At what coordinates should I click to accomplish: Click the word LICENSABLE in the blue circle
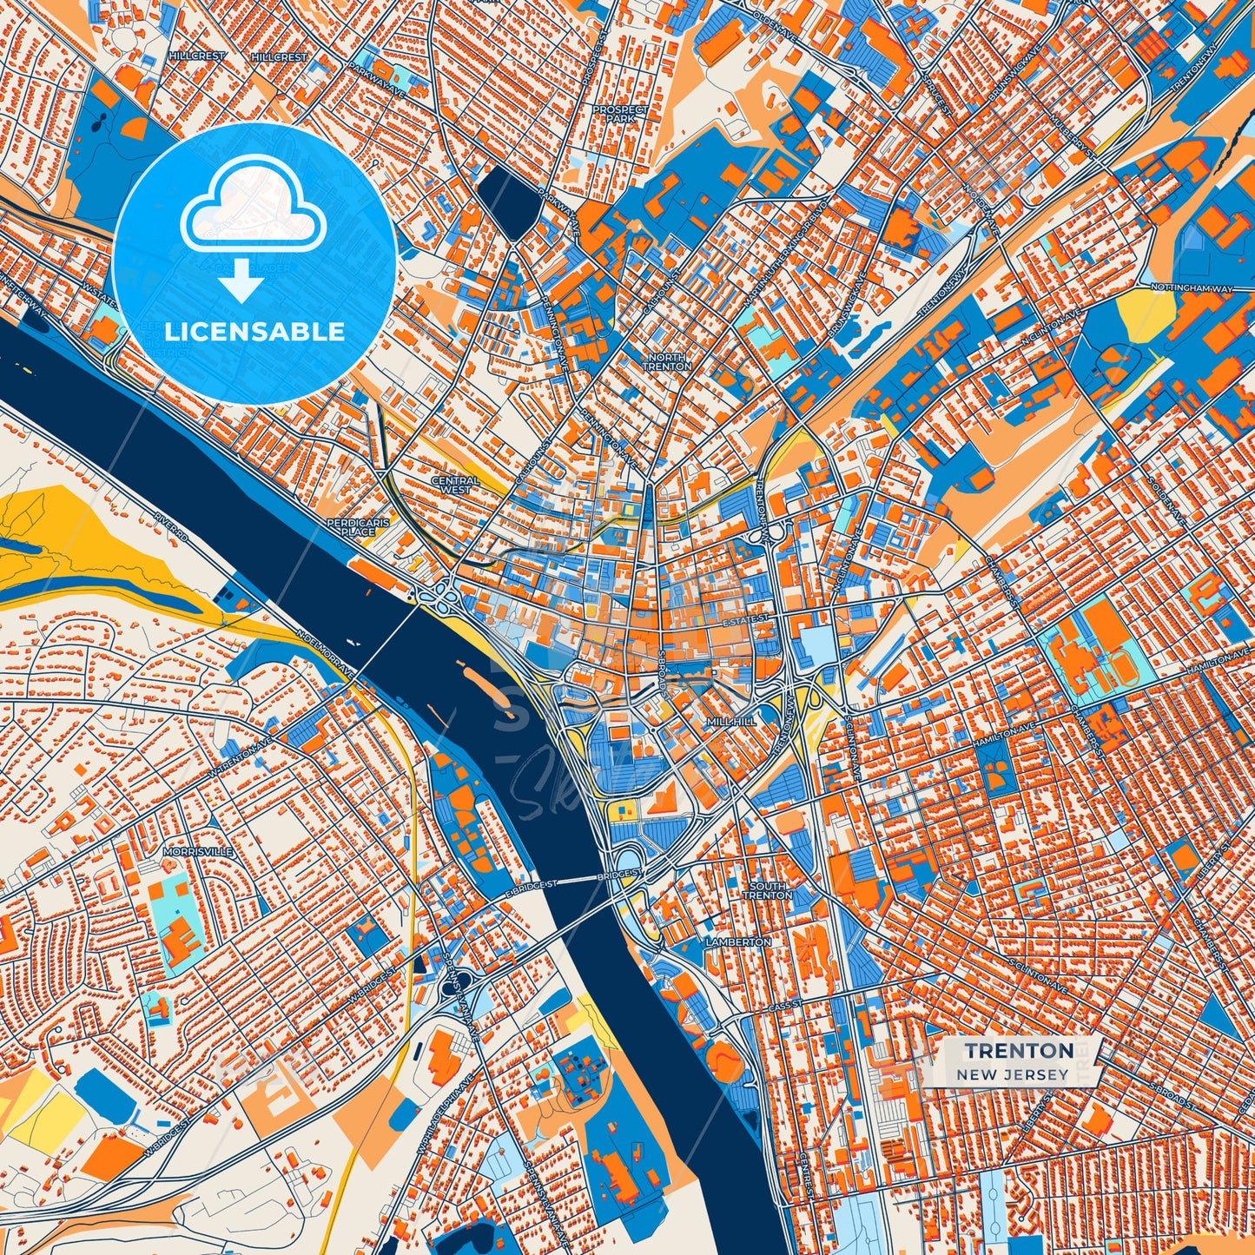tap(254, 332)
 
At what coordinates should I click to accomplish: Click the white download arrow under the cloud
tap(241, 281)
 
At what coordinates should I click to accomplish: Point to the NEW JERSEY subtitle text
tap(1013, 1074)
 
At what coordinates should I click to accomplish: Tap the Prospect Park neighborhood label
tap(620, 114)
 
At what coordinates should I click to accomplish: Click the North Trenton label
tap(667, 362)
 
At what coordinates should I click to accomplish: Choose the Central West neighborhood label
tap(455, 485)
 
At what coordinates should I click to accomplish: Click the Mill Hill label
tap(731, 721)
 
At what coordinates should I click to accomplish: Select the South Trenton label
tap(767, 890)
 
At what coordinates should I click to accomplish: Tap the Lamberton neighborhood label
tap(738, 941)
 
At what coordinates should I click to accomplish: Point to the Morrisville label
tap(198, 852)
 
